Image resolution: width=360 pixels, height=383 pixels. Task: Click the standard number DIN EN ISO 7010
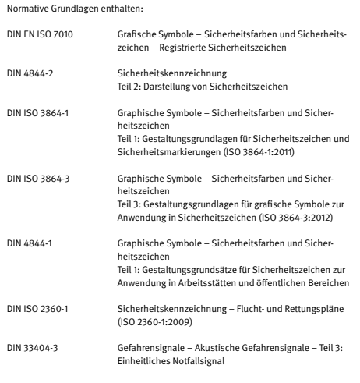[x=35, y=37]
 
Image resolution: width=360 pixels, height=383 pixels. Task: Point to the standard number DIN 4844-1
[x=27, y=254]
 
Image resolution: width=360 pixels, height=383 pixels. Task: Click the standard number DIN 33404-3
[x=30, y=342]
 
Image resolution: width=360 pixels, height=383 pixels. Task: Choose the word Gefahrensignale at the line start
[x=142, y=342]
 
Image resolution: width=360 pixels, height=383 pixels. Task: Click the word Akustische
[x=206, y=342]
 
